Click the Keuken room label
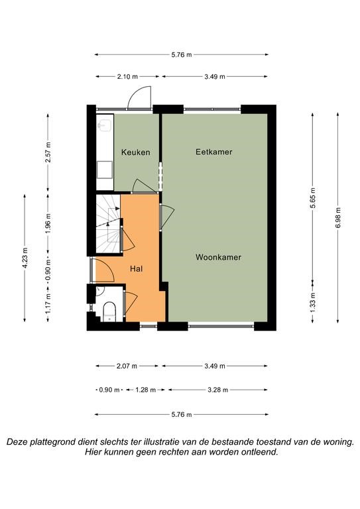click(136, 152)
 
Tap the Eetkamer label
click(214, 152)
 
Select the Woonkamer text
click(218, 257)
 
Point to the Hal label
click(137, 268)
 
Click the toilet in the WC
click(109, 311)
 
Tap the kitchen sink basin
click(105, 125)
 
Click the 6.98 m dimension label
click(338, 217)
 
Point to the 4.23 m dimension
click(25, 257)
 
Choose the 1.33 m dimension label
click(313, 302)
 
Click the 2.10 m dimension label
click(127, 77)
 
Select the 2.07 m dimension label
click(127, 366)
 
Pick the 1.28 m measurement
click(145, 390)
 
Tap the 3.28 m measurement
click(218, 390)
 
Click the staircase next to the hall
click(108, 223)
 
